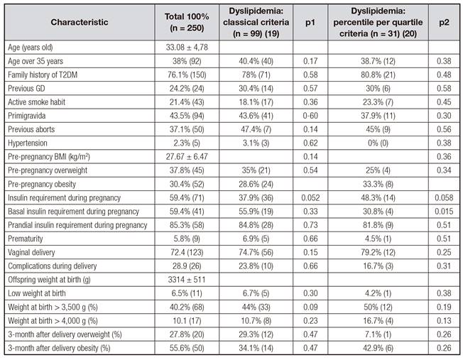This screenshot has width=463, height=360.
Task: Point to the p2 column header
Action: [444, 22]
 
